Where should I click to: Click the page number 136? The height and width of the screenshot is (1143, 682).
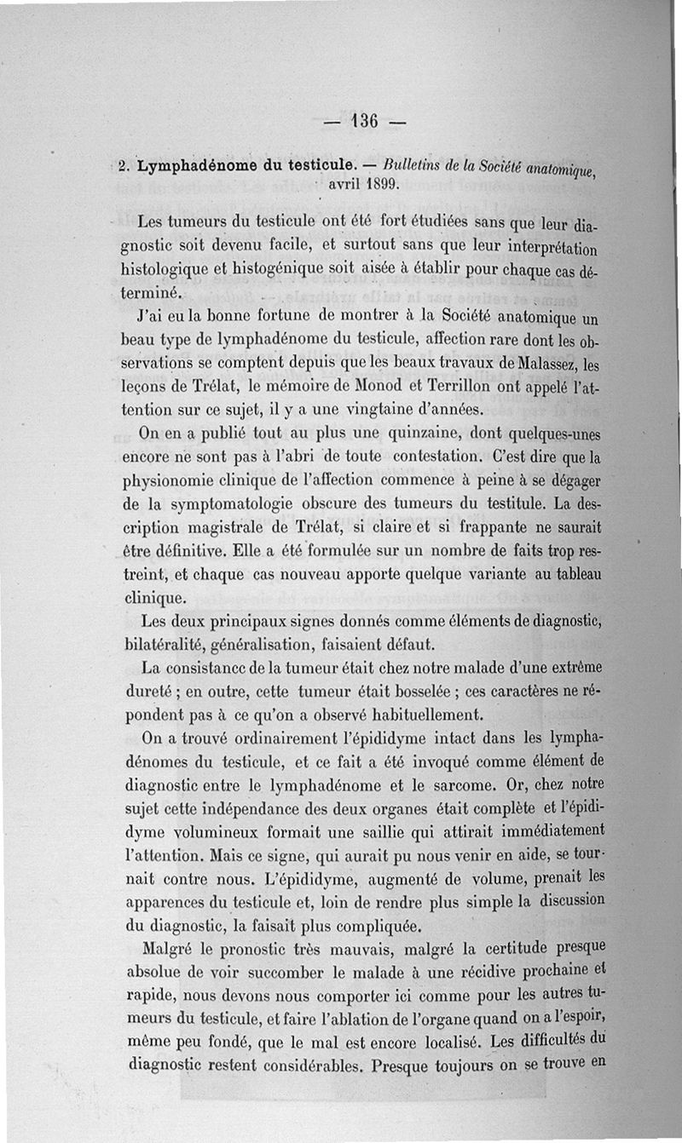coord(363,120)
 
